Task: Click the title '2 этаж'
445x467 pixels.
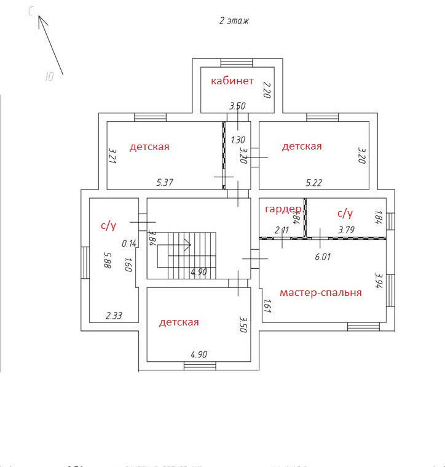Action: click(x=234, y=21)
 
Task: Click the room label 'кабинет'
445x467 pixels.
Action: click(x=232, y=81)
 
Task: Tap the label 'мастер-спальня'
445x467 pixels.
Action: click(x=320, y=292)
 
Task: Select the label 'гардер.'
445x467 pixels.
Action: click(x=284, y=209)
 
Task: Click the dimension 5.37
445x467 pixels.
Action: click(x=165, y=182)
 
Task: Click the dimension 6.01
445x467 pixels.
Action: click(x=323, y=257)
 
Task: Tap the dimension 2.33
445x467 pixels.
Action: click(x=114, y=316)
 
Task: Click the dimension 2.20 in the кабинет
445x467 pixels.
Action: click(x=267, y=90)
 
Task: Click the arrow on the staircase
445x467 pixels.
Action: click(x=186, y=244)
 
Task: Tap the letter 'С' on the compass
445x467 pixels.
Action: click(x=31, y=12)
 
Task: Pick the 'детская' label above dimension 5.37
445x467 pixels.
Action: click(x=149, y=146)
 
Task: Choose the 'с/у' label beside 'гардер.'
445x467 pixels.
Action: click(x=345, y=213)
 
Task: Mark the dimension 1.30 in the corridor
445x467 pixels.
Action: click(x=238, y=140)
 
